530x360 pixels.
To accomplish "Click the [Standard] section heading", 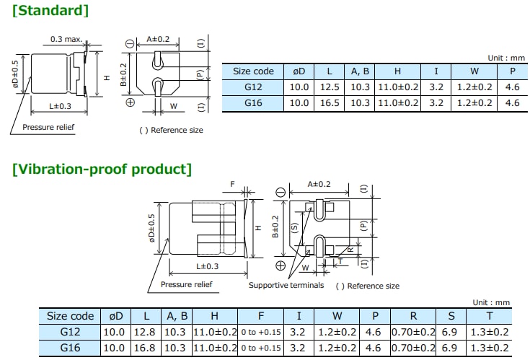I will (x=51, y=10).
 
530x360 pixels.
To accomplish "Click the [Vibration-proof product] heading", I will (x=102, y=170).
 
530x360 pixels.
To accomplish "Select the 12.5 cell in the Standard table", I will (x=329, y=87).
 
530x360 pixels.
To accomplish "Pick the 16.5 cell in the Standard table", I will (x=329, y=103).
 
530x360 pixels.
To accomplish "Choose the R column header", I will (x=413, y=316).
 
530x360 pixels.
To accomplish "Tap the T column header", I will (x=490, y=316).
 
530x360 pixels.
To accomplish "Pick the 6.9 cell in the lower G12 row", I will (x=451, y=332).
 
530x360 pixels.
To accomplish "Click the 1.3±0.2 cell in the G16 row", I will (x=490, y=348).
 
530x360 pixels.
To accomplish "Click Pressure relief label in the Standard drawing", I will (x=48, y=127).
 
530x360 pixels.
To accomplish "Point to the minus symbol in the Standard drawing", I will (x=130, y=45).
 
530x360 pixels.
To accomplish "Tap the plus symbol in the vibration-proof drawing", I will (x=281, y=265).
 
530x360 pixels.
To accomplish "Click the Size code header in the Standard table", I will (x=253, y=71).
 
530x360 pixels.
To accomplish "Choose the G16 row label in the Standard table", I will (x=253, y=103).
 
